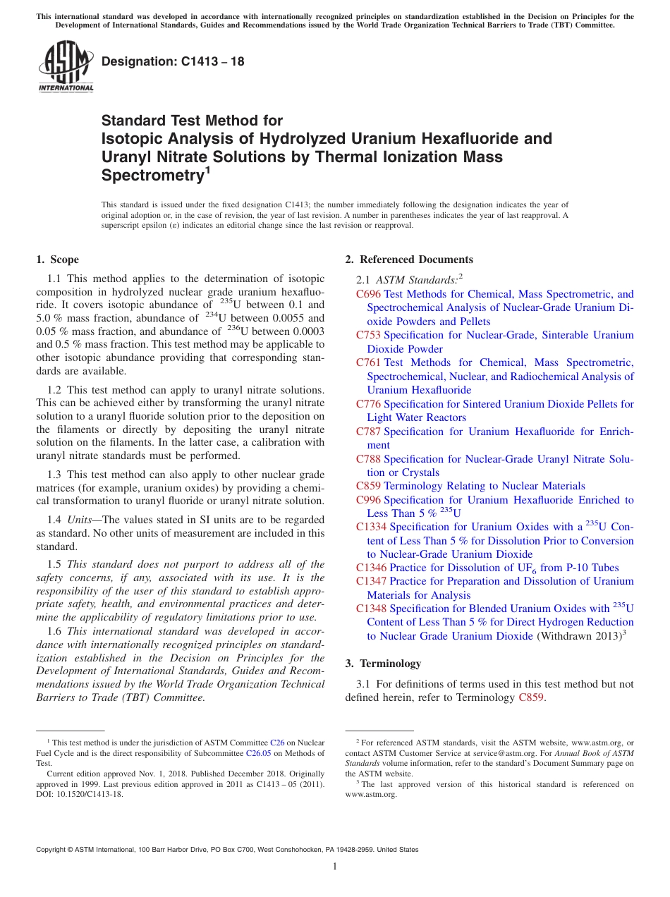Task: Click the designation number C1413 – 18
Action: click(173, 61)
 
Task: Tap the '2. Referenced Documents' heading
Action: click(409, 260)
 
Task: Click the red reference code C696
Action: click(368, 294)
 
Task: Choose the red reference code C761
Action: click(368, 362)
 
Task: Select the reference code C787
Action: click(368, 431)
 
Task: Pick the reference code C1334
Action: click(371, 527)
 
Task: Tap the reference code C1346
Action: click(371, 568)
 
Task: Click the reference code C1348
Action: click(371, 609)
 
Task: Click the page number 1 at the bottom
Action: click(335, 866)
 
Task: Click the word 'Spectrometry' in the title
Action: click(152, 174)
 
